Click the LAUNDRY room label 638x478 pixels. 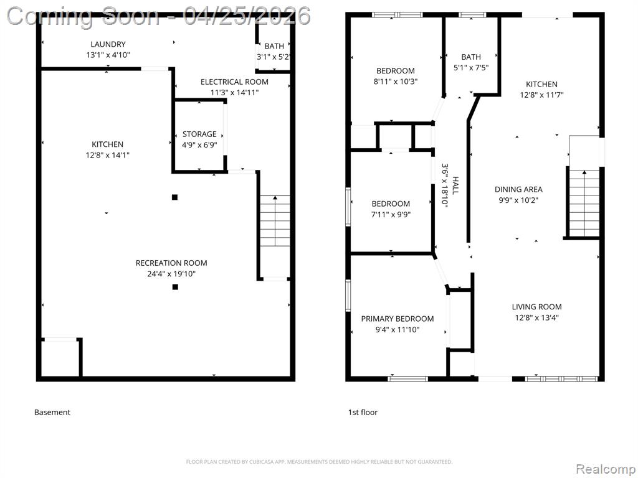pyautogui.click(x=108, y=44)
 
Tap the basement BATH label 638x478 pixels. pyautogui.click(x=274, y=46)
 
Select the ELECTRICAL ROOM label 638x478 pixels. pyautogui.click(x=234, y=82)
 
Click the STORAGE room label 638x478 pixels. pyautogui.click(x=199, y=134)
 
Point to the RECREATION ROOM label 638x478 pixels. pyautogui.click(x=171, y=263)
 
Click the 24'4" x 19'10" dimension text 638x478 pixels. pyautogui.click(x=171, y=274)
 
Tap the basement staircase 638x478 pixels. pyautogui.click(x=275, y=221)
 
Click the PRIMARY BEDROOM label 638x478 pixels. pyautogui.click(x=398, y=319)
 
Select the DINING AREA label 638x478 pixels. pyautogui.click(x=518, y=189)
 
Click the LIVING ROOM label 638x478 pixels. pyautogui.click(x=536, y=307)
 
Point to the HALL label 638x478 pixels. pyautogui.click(x=455, y=185)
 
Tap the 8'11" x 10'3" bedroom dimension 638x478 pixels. pyautogui.click(x=396, y=82)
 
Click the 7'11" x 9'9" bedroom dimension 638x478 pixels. pyautogui.click(x=391, y=215)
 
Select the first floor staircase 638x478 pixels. pyautogui.click(x=584, y=204)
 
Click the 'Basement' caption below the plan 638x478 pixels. pyautogui.click(x=52, y=412)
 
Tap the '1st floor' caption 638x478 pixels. pyautogui.click(x=363, y=412)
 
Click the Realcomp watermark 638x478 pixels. pyautogui.click(x=604, y=469)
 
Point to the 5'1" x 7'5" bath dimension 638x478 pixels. pyautogui.click(x=471, y=68)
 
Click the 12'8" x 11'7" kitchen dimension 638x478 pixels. pyautogui.click(x=541, y=95)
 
